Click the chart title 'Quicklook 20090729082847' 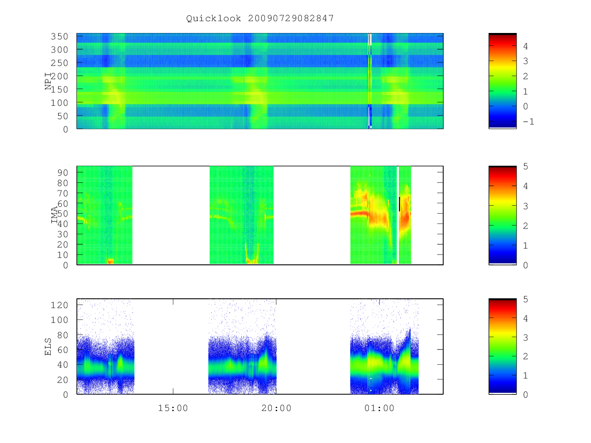click(260, 18)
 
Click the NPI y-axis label click(48, 81)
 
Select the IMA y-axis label click(54, 215)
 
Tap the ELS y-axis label click(48, 347)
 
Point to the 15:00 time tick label click(173, 408)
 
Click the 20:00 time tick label click(276, 408)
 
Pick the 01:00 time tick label click(379, 408)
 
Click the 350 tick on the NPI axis click(60, 36)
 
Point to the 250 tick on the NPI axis click(60, 63)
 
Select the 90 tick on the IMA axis click(63, 173)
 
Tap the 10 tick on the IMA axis click(63, 255)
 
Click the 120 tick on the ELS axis click(60, 305)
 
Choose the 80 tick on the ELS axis click(63, 335)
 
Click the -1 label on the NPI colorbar click(528, 122)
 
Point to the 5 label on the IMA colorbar click(525, 166)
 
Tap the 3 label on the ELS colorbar click(525, 338)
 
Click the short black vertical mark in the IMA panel click(399, 204)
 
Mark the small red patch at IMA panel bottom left click(111, 261)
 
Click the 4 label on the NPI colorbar click(525, 46)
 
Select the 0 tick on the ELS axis click(66, 395)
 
